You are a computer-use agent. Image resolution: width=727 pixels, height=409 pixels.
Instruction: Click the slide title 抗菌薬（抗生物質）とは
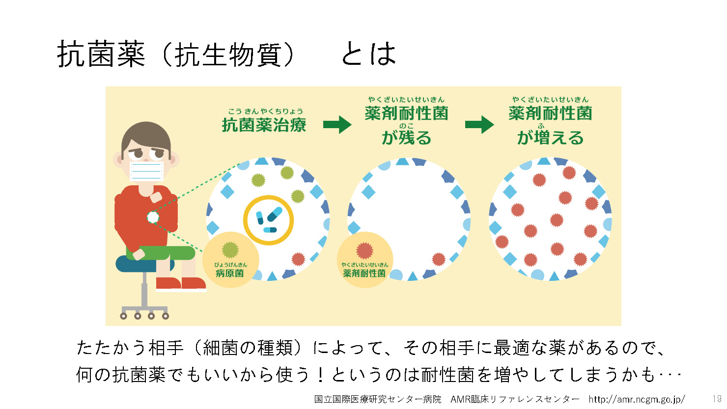[x=226, y=54]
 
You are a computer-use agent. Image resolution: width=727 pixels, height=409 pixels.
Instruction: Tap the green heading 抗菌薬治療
[x=264, y=125]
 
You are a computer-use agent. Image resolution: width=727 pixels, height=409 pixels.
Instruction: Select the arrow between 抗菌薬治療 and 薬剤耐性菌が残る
[x=337, y=125]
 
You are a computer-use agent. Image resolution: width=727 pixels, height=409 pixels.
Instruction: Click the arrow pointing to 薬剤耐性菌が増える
[x=480, y=125]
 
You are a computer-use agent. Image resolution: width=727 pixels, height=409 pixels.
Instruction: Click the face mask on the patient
[x=146, y=171]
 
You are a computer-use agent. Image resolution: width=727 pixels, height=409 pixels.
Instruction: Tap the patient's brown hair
[x=146, y=136]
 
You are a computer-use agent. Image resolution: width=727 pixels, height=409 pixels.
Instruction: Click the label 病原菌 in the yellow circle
[x=230, y=273]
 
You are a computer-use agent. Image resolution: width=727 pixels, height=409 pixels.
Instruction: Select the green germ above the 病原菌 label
[x=230, y=250]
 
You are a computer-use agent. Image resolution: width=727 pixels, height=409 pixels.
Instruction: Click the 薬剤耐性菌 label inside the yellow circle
[x=364, y=273]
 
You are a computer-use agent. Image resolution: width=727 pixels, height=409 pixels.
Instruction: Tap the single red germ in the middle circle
[x=439, y=259]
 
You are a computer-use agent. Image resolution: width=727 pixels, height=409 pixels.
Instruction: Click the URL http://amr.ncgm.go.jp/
[x=637, y=399]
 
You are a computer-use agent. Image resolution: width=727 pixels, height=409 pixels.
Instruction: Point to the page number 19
[x=717, y=399]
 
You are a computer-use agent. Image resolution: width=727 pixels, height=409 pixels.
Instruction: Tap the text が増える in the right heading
[x=551, y=137]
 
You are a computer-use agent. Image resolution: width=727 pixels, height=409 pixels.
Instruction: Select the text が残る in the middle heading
[x=407, y=137]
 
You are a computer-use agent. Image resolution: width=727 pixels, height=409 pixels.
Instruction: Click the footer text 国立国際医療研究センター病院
[x=378, y=399]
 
